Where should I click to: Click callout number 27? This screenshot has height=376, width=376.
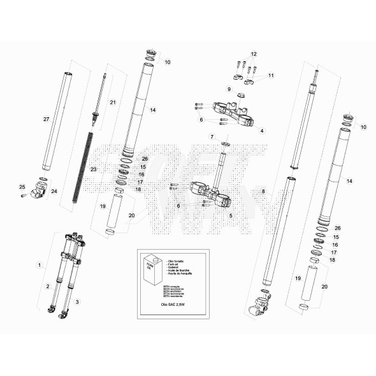[x=46, y=120]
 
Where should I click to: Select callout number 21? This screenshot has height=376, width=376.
[x=113, y=103]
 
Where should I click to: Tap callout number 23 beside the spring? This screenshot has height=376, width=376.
[x=93, y=170]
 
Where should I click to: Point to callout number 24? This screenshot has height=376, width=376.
[x=54, y=191]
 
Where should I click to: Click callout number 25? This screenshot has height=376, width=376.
[x=21, y=187]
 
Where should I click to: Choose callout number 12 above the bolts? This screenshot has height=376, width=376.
[x=253, y=54]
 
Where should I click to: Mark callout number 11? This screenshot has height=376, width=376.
[x=270, y=76]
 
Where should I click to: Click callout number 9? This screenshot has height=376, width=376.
[x=229, y=89]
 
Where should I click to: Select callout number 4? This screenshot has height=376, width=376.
[x=261, y=130]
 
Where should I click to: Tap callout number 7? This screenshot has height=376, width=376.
[x=212, y=137]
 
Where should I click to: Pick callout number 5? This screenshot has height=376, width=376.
[x=230, y=215]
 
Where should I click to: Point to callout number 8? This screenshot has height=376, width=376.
[x=263, y=191]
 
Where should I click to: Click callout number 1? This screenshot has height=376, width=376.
[x=40, y=264]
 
